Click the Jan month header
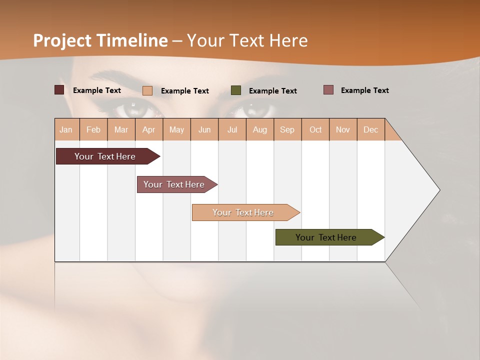click(66, 129)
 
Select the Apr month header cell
click(149, 129)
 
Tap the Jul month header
click(232, 129)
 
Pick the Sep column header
click(287, 129)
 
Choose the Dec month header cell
click(370, 129)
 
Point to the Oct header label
click(315, 129)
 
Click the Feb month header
click(93, 129)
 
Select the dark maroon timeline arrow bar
click(105, 156)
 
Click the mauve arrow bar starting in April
click(174, 184)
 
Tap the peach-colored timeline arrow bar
click(243, 212)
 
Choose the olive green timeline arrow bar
click(326, 237)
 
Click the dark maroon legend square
click(59, 90)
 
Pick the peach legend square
click(147, 90)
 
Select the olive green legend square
click(236, 90)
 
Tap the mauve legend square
click(328, 90)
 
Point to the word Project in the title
click(62, 40)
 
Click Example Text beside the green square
click(272, 91)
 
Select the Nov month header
click(343, 129)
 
